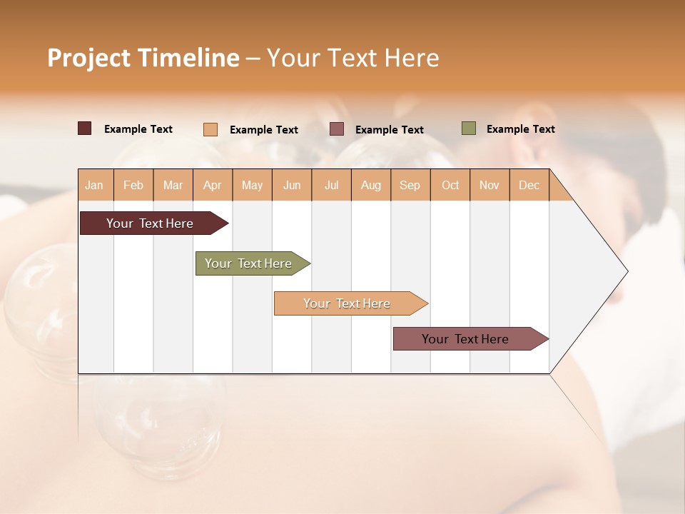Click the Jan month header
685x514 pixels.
pyautogui.click(x=94, y=185)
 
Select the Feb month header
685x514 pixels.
pyautogui.click(x=133, y=185)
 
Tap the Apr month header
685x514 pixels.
pyautogui.click(x=212, y=185)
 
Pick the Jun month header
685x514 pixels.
pyautogui.click(x=292, y=185)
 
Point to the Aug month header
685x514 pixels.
pyautogui.click(x=370, y=185)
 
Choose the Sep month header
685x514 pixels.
pyautogui.click(x=410, y=185)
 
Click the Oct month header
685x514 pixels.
pyautogui.click(x=450, y=185)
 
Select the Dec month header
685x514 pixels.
pyautogui.click(x=529, y=185)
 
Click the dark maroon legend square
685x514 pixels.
pyautogui.click(x=85, y=128)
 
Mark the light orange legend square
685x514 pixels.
pyautogui.click(x=210, y=129)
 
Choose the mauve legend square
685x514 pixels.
pyautogui.click(x=337, y=129)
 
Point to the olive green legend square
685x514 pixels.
pyautogui.click(x=469, y=128)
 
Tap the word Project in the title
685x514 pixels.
pyautogui.click(x=88, y=58)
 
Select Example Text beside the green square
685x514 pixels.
pyautogui.click(x=520, y=129)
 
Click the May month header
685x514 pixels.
pyautogui.click(x=252, y=185)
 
